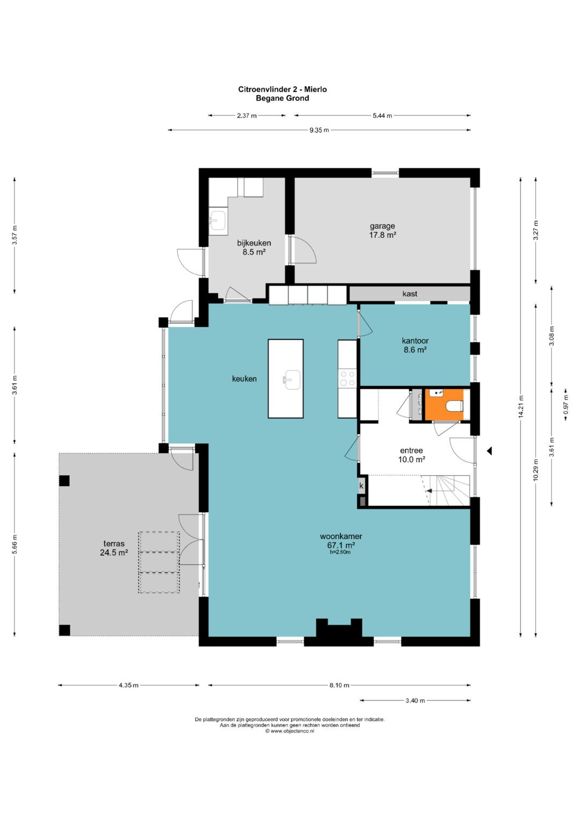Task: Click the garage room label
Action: point(382,230)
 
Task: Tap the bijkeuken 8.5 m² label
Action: point(253,247)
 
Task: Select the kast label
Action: point(409,294)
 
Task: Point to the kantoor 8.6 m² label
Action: point(415,345)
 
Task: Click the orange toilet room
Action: point(444,404)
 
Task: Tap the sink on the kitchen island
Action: point(292,379)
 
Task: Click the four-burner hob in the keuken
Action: point(347,378)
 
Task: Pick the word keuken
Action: point(244,379)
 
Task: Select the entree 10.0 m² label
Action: point(411,455)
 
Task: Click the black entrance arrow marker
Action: point(489,451)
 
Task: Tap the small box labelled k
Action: point(361,486)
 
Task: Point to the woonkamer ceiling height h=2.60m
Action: point(340,552)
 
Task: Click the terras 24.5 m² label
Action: point(114,548)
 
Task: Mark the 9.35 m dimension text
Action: point(319,130)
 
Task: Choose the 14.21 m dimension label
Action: point(521,406)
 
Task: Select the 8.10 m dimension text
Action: point(339,685)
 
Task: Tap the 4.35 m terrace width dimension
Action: point(128,685)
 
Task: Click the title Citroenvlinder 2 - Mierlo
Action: point(282,89)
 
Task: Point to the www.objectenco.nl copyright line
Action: point(289,731)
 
